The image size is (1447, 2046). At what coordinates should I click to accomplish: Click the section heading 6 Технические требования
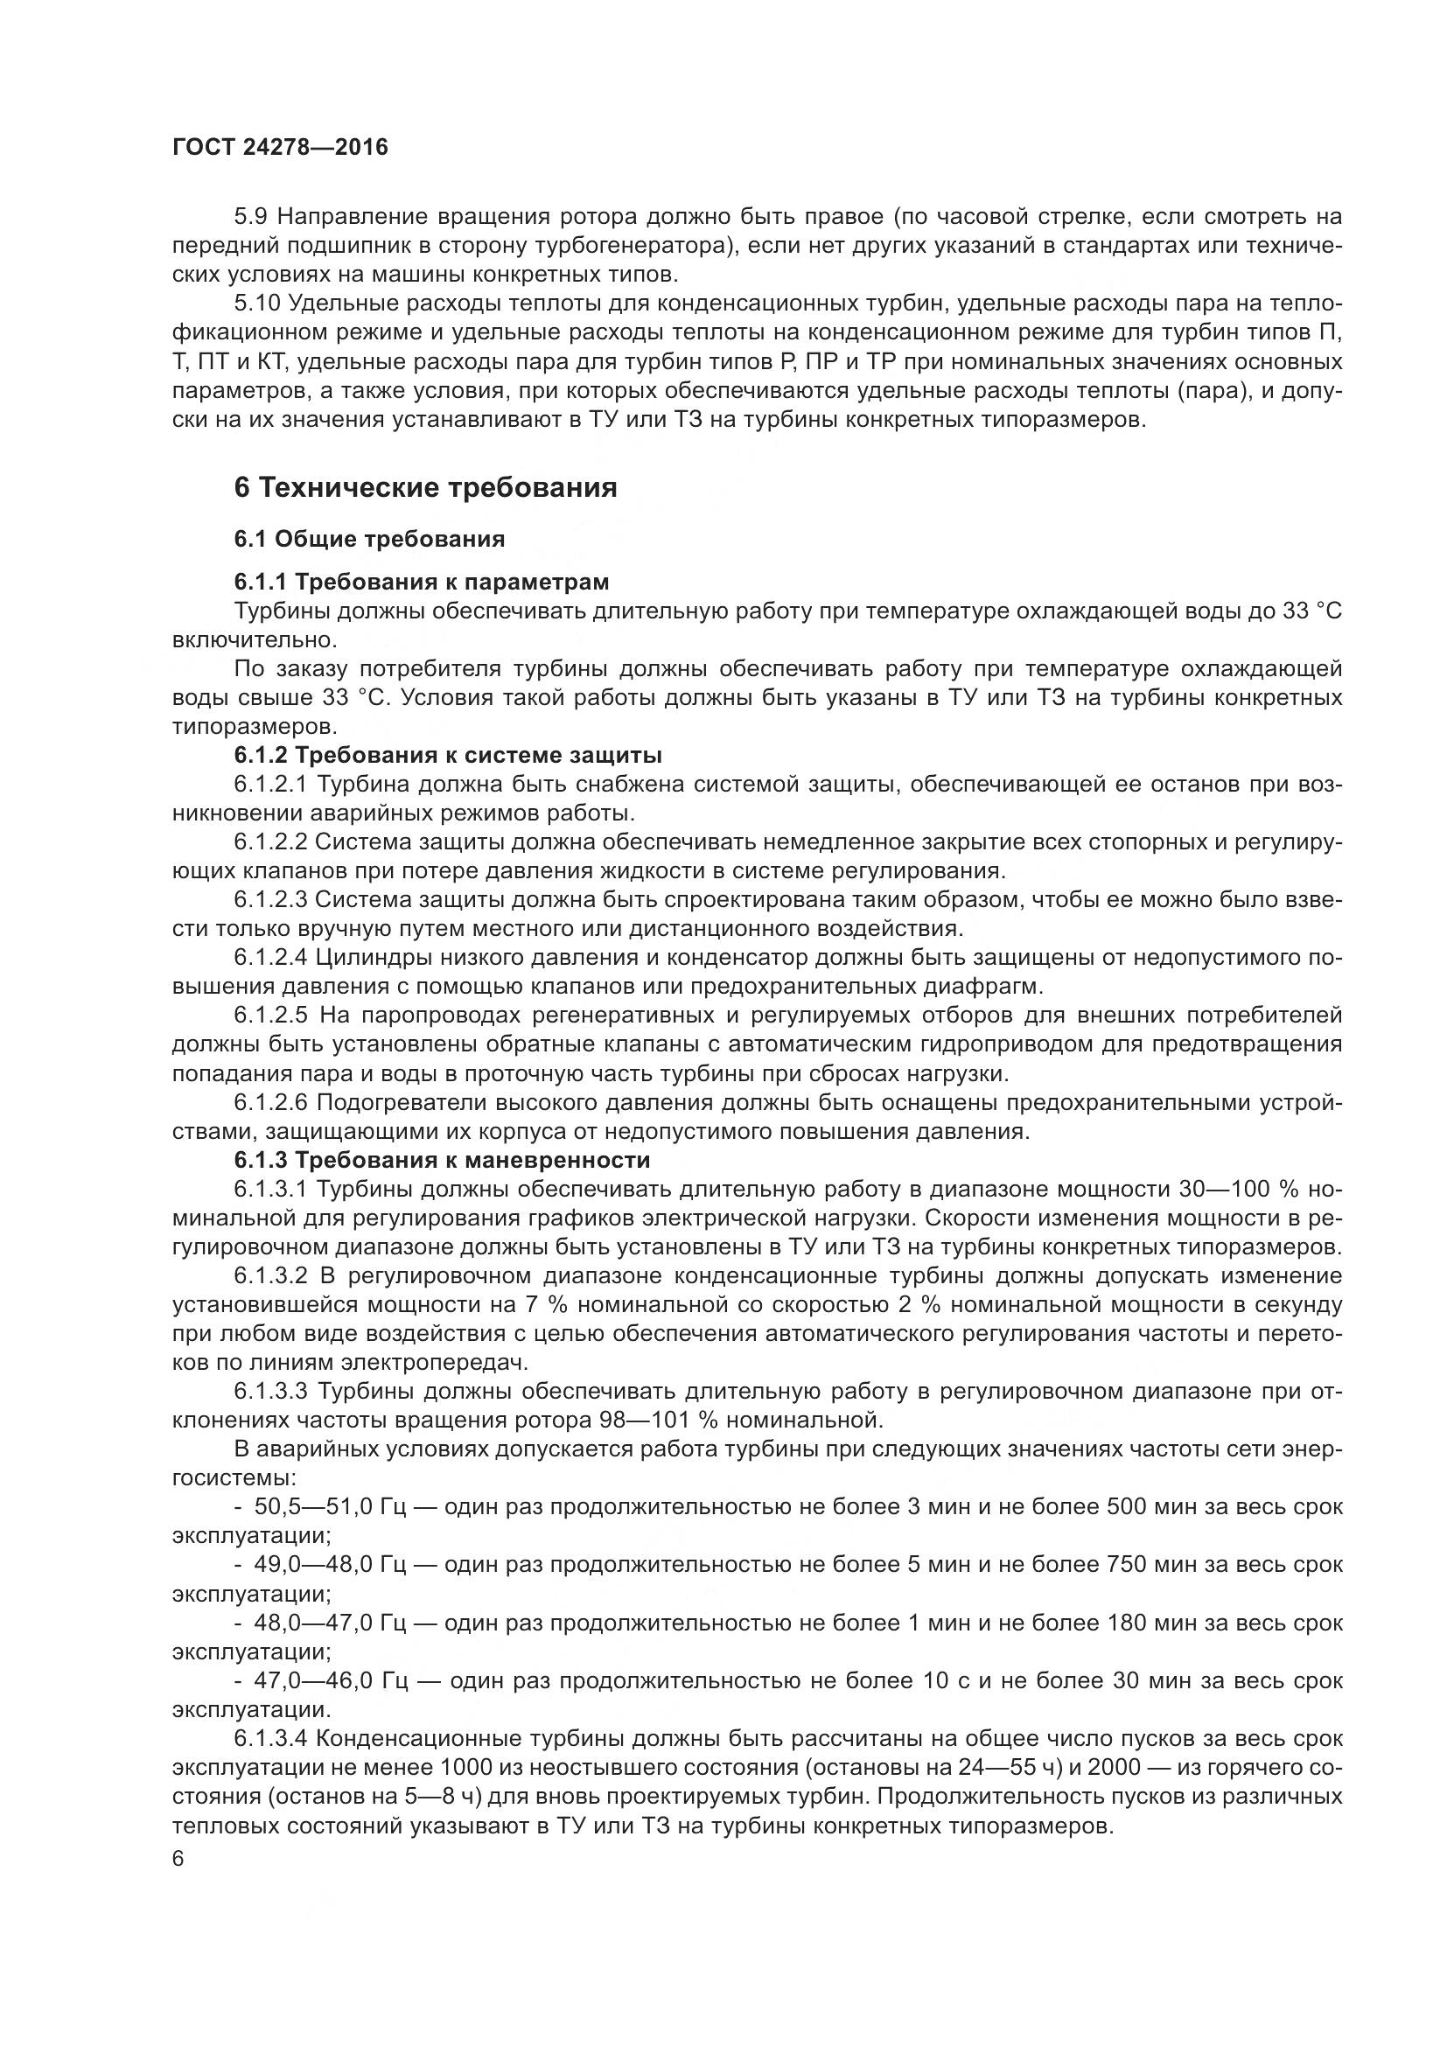pyautogui.click(x=425, y=487)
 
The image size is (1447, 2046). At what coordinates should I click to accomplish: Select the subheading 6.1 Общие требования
pyautogui.click(x=370, y=539)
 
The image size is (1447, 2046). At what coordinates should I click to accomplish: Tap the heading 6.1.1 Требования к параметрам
pyautogui.click(x=422, y=582)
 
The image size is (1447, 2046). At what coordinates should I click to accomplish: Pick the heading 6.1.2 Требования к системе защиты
pyautogui.click(x=448, y=756)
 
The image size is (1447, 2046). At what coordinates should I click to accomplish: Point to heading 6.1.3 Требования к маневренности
pyautogui.click(x=442, y=1160)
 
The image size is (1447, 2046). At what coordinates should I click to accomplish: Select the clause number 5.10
pyautogui.click(x=257, y=303)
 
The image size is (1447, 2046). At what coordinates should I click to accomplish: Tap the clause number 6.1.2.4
pyautogui.click(x=271, y=958)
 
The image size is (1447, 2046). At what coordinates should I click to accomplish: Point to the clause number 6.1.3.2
pyautogui.click(x=271, y=1276)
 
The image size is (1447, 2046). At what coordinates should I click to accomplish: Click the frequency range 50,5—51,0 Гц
pyautogui.click(x=331, y=1507)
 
